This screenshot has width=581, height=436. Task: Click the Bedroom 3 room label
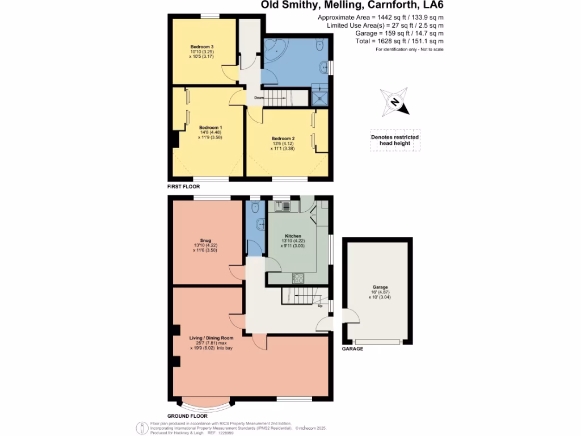tap(201, 47)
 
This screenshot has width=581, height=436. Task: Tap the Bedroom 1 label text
tap(210, 128)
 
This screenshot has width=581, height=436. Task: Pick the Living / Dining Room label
tap(211, 338)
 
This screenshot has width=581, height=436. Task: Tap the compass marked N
tap(395, 102)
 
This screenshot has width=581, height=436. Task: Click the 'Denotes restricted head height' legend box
tap(395, 140)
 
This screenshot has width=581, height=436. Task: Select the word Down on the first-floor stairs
tap(259, 98)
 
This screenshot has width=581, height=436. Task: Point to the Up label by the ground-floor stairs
tap(320, 307)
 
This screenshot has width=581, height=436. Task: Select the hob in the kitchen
tap(298, 278)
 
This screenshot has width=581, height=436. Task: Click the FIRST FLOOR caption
tap(183, 187)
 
